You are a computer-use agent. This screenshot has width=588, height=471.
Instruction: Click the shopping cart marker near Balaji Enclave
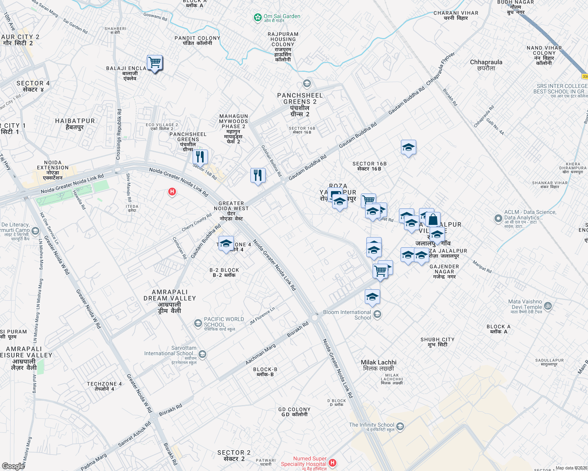point(155,62)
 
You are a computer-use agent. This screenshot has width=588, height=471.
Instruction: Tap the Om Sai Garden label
point(282,16)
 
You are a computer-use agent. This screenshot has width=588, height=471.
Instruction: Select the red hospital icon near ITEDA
point(172,192)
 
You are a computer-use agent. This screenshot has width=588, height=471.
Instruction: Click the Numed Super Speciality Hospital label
point(304,461)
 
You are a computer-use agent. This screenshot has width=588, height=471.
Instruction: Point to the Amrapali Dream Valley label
point(170,301)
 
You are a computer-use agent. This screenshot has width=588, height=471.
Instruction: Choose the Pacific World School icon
point(198,323)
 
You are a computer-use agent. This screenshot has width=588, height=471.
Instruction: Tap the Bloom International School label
point(347,315)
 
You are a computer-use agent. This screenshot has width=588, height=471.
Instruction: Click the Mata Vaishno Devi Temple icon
point(548,306)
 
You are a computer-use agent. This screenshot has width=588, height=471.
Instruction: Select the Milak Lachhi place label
point(379,365)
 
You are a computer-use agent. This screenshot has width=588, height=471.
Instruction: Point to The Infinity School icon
point(400,426)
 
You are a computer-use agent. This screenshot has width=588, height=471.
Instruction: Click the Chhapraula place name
point(486,65)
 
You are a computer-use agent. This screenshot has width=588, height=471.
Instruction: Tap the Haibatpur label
point(75,124)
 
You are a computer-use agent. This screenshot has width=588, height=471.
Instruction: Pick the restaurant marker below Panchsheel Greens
point(200,157)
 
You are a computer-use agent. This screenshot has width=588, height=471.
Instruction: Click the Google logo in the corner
point(13,466)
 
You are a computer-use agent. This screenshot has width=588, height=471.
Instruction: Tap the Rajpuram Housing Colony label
point(283,47)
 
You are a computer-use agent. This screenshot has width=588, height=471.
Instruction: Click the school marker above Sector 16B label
point(408,148)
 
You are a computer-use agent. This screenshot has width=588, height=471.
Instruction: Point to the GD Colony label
point(294,412)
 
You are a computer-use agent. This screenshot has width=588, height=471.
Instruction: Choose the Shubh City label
point(437,342)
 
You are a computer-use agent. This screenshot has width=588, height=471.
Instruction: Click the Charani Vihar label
point(456,15)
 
